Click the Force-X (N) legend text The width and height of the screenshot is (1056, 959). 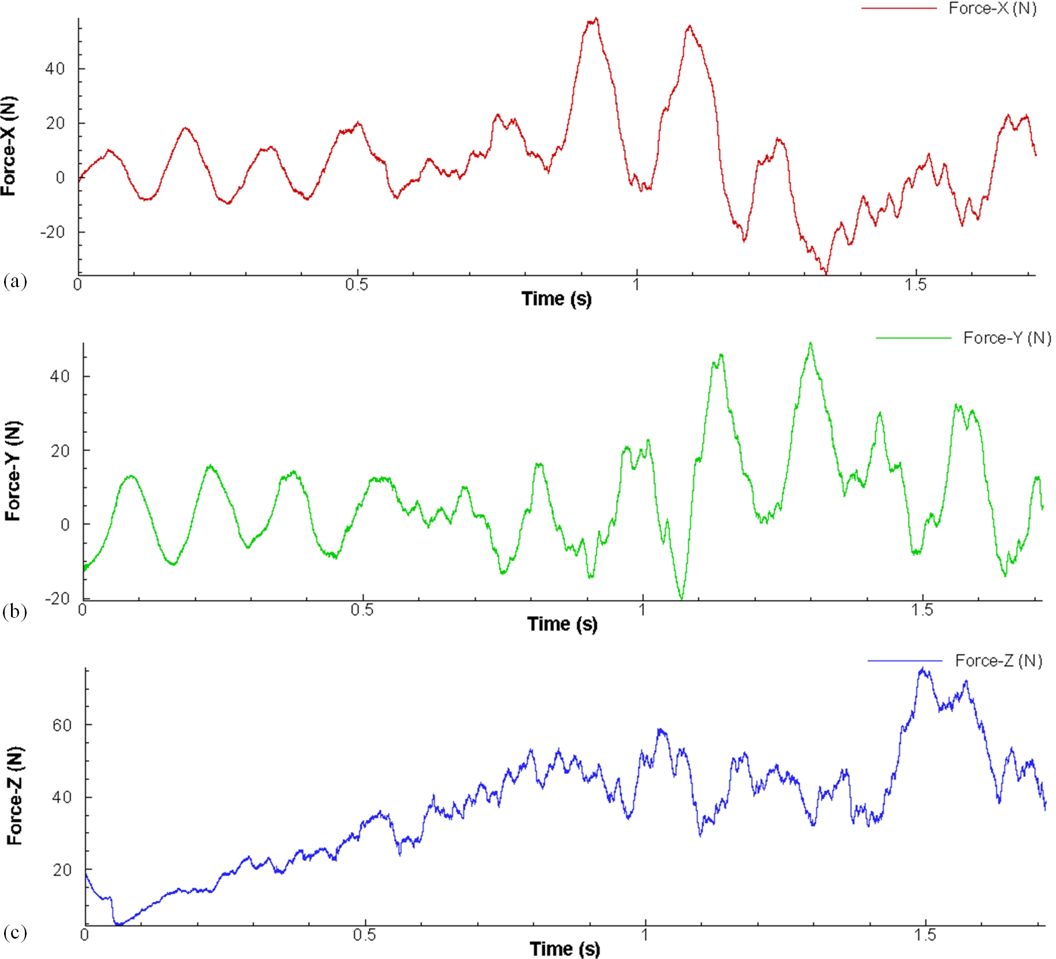tap(992, 9)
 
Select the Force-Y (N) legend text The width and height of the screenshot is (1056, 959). tap(1007, 338)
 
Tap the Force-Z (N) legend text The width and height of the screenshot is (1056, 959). tap(999, 661)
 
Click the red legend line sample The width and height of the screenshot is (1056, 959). tap(899, 9)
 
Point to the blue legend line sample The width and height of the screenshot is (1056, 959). tap(904, 661)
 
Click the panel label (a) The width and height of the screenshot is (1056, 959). tap(15, 282)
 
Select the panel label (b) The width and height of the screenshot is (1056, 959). tap(15, 612)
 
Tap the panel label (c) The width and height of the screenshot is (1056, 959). tap(15, 932)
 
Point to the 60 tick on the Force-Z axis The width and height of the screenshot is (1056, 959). tap(62, 725)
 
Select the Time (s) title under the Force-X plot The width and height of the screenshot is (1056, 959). tap(556, 299)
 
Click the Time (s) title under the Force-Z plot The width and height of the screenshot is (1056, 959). tap(564, 949)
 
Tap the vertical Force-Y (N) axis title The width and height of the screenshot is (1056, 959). tap(13, 471)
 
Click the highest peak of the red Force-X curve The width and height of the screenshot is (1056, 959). tap(596, 19)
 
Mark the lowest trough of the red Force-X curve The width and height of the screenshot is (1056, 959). tap(826, 272)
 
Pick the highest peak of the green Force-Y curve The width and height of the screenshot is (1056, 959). tap(811, 343)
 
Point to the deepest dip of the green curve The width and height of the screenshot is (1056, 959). tap(681, 598)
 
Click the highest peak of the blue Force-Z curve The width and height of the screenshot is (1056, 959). tap(923, 669)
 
